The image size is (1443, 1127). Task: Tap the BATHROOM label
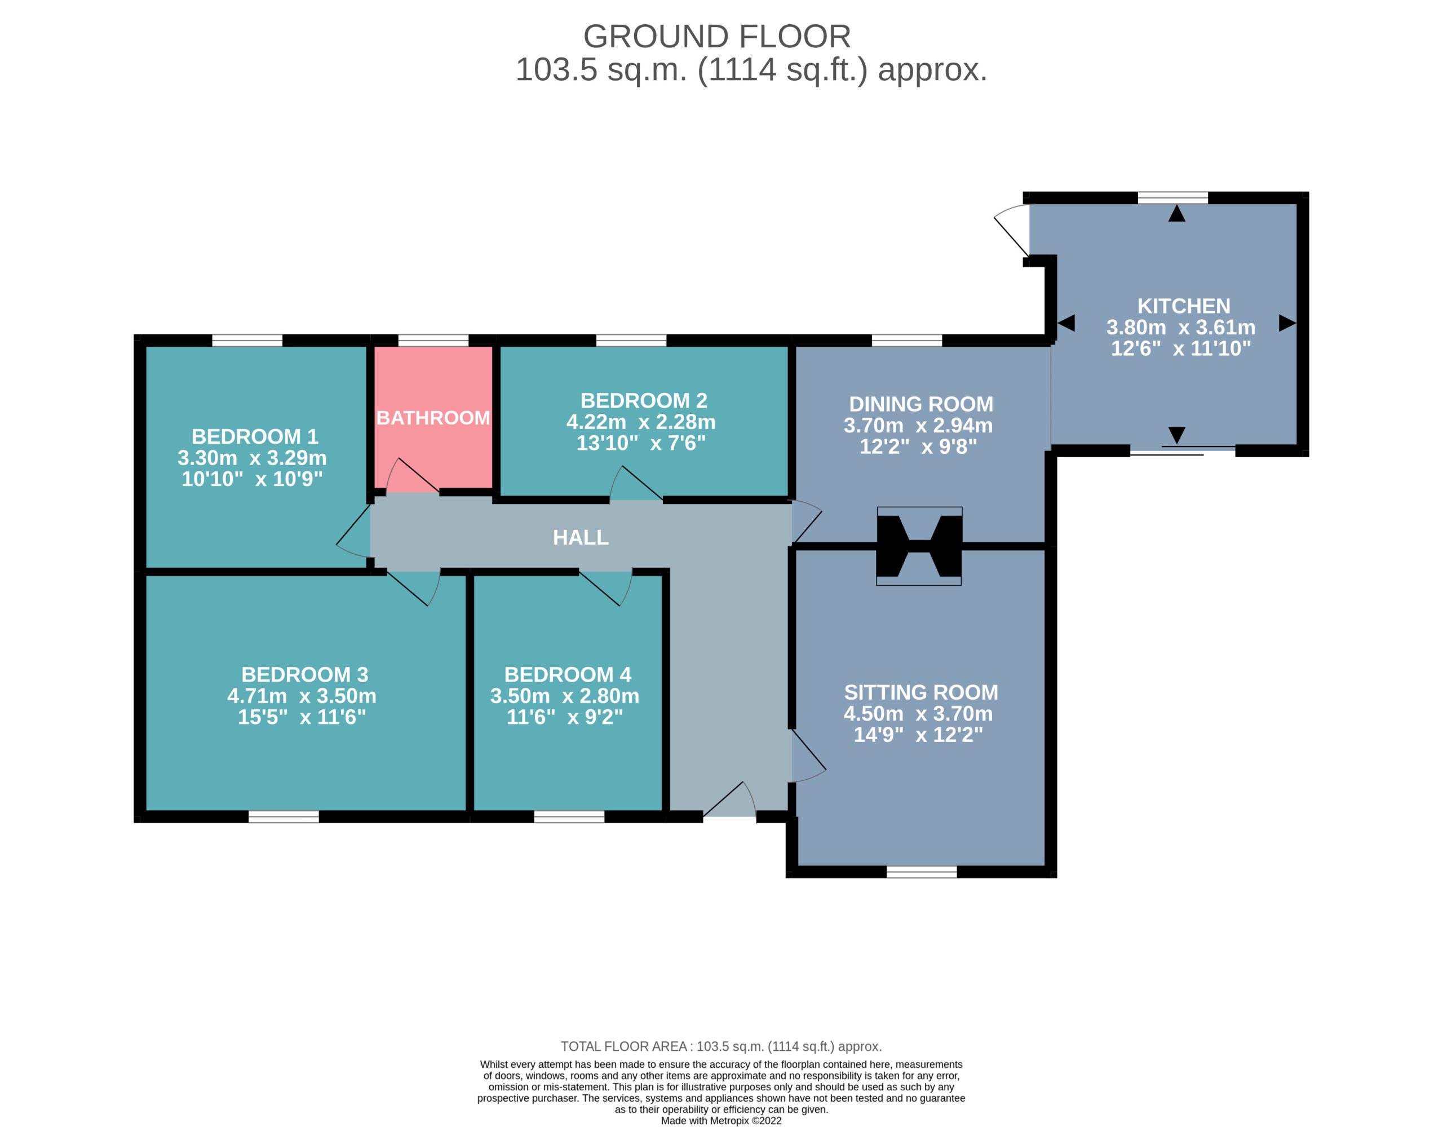(433, 418)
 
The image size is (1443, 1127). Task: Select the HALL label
(581, 537)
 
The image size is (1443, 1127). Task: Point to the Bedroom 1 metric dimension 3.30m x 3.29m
(252, 457)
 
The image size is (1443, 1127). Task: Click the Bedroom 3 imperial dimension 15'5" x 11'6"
(302, 717)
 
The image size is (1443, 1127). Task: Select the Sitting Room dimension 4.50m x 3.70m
(918, 713)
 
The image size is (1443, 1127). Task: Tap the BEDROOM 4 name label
(568, 674)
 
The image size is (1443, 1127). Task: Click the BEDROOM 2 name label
(644, 400)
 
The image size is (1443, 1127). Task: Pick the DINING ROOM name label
(921, 404)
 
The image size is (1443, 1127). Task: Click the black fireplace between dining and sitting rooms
(919, 546)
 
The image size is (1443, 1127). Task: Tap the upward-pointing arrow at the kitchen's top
(1177, 213)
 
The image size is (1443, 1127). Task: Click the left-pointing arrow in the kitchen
(1066, 323)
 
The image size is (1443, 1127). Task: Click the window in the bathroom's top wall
(433, 341)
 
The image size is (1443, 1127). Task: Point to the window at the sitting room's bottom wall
(922, 872)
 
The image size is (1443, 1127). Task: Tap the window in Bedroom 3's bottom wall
(284, 817)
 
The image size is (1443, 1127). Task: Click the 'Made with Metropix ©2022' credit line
(721, 1120)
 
